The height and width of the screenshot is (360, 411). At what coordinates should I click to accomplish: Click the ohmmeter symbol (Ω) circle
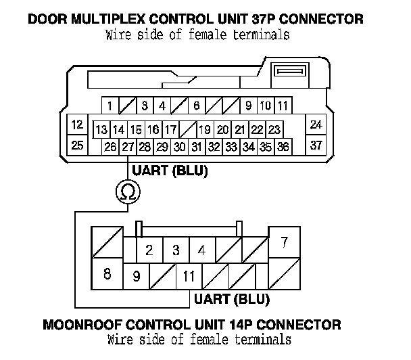point(126,193)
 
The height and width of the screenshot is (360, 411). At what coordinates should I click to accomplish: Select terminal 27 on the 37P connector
point(128,146)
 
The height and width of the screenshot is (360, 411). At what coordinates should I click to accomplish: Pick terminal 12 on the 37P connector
point(77,125)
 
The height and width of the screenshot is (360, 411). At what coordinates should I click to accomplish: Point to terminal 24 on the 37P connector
point(316,125)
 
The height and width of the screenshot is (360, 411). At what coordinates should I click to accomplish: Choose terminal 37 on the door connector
point(316,144)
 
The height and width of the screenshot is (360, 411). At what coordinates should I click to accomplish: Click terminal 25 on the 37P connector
point(77,144)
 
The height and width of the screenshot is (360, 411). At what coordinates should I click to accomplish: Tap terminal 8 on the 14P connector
point(106,274)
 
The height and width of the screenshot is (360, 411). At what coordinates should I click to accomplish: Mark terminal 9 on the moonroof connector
point(136,276)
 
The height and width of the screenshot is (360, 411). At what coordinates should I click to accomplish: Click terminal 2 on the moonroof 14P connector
point(149,250)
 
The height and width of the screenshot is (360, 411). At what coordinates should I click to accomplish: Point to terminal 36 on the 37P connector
point(283,146)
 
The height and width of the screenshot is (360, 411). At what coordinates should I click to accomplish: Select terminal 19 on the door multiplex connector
point(205,129)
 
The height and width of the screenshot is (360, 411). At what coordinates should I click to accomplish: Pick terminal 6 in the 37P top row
point(196,106)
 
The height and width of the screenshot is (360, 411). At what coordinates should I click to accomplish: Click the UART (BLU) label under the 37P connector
point(170,170)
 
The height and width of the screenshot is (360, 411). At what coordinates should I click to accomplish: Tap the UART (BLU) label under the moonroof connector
point(232,298)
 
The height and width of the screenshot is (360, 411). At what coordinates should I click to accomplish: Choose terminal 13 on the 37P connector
point(101,129)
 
